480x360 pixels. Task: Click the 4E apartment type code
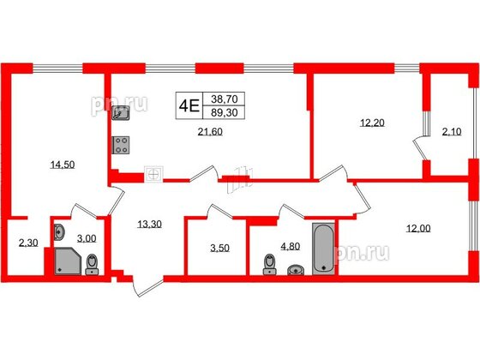click(189, 105)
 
